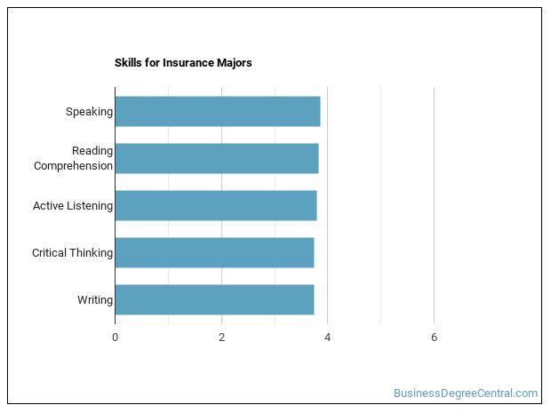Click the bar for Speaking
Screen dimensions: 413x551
pyautogui.click(x=217, y=112)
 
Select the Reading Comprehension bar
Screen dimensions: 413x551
pyautogui.click(x=216, y=158)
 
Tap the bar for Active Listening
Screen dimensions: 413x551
pyautogui.click(x=215, y=205)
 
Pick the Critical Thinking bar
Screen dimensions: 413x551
pyautogui.click(x=214, y=252)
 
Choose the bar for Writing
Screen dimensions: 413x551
pyautogui.click(x=214, y=299)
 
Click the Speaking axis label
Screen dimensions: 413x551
pyautogui.click(x=89, y=112)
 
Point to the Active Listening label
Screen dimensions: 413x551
pyautogui.click(x=73, y=206)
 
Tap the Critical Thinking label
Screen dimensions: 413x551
pyautogui.click(x=72, y=253)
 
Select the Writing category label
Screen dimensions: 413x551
pyautogui.click(x=95, y=300)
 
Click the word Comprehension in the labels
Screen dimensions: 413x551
pyautogui.click(x=73, y=166)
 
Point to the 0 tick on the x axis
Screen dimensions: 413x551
pyautogui.click(x=115, y=337)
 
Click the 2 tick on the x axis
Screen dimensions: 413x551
pyautogui.click(x=221, y=337)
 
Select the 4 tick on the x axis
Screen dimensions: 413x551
pyautogui.click(x=328, y=337)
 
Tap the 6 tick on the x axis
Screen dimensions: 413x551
pyautogui.click(x=434, y=337)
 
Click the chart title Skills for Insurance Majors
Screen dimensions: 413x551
pyautogui.click(x=183, y=63)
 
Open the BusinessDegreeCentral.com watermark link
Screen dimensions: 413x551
pyautogui.click(x=466, y=393)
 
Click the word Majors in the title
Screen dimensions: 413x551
pyautogui.click(x=236, y=63)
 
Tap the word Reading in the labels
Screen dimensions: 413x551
pyautogui.click(x=92, y=151)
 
